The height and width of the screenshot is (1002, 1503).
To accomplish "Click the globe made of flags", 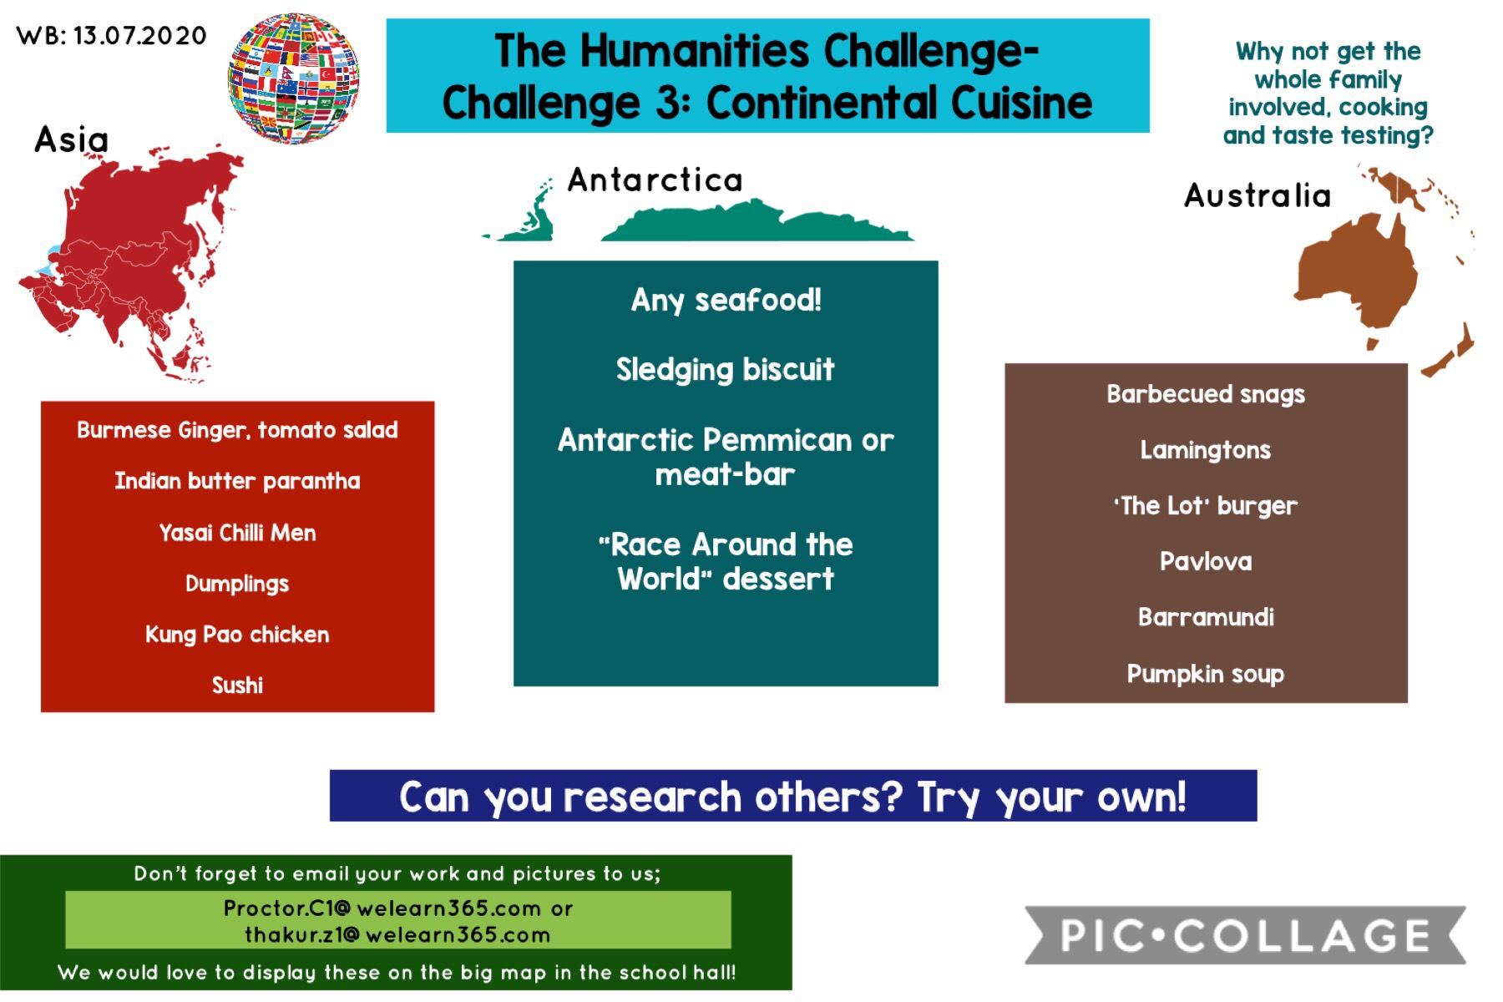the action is [x=294, y=78].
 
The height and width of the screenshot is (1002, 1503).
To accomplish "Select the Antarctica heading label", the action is [x=655, y=180].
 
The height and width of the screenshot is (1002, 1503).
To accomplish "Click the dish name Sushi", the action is [x=237, y=686].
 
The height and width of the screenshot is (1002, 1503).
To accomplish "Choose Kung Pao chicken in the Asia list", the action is [x=237, y=635].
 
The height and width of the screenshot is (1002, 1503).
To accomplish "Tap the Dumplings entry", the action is [x=237, y=584].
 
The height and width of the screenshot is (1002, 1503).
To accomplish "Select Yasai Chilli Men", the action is [x=237, y=533].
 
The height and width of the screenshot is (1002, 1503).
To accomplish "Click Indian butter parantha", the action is [x=237, y=481].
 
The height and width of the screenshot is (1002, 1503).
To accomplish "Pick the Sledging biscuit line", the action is [x=726, y=370].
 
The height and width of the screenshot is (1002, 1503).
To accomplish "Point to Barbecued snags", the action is [x=1206, y=394].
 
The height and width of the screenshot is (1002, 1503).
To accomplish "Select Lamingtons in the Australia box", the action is [x=1206, y=450].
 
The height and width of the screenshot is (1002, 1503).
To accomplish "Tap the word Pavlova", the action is [x=1206, y=561].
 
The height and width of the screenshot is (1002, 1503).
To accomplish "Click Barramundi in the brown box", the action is [x=1206, y=617].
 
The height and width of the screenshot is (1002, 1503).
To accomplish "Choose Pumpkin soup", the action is [x=1206, y=674].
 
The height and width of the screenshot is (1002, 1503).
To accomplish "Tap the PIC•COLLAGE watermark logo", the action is [x=1245, y=935].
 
